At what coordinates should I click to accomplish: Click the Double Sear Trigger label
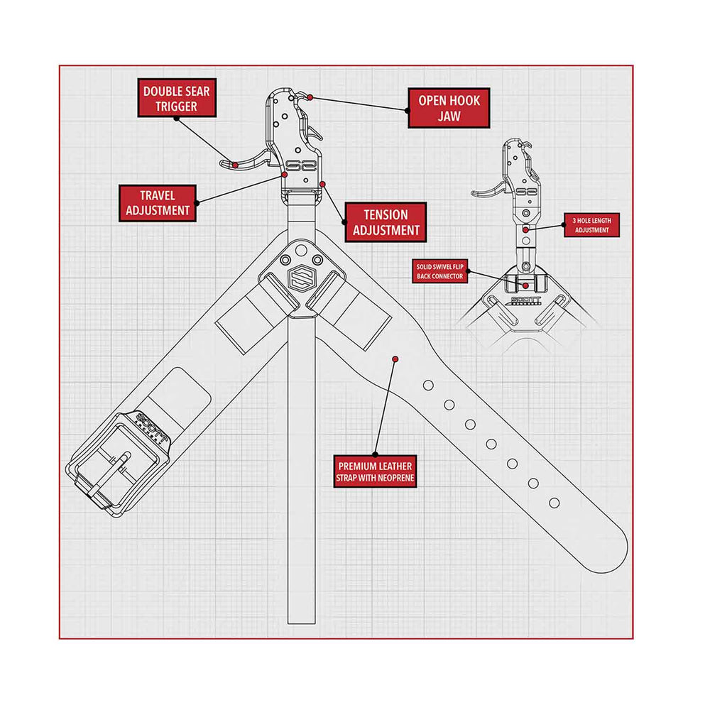click(x=177, y=98)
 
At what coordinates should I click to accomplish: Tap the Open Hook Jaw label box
click(x=449, y=108)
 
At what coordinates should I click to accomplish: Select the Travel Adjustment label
click(x=158, y=203)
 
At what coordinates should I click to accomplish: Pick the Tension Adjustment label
click(x=386, y=222)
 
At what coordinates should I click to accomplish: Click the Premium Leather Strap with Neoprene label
click(x=375, y=471)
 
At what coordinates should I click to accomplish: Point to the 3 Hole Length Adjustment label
click(x=592, y=225)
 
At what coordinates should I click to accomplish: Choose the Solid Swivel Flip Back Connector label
click(x=439, y=271)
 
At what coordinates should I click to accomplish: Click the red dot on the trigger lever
click(x=236, y=165)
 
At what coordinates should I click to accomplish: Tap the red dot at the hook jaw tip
click(x=310, y=97)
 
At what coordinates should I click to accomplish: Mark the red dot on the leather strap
click(x=395, y=359)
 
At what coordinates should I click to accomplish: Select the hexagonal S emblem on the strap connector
click(x=302, y=278)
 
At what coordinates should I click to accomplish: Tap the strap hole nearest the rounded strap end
click(x=555, y=503)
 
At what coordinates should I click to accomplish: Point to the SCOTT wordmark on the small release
click(x=525, y=300)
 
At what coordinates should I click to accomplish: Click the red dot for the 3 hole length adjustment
click(x=525, y=230)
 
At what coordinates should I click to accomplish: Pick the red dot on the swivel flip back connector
click(x=525, y=285)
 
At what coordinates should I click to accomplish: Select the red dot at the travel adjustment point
click(x=285, y=175)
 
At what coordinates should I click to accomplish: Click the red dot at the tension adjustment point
click(x=322, y=185)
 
